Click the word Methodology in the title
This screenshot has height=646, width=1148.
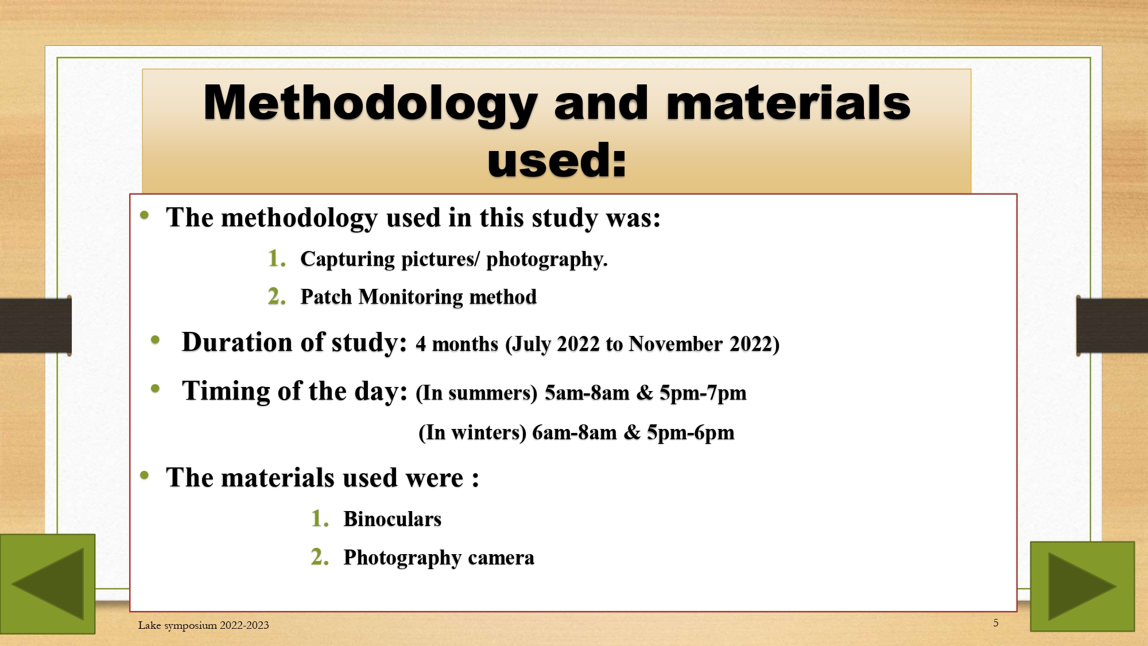tap(370, 104)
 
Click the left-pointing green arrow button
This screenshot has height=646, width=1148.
tap(48, 583)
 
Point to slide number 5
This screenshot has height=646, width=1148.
tap(996, 623)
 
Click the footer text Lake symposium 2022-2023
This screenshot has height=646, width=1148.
tap(203, 625)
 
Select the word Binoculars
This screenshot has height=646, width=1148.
tap(393, 519)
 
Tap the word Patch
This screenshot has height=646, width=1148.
tap(326, 297)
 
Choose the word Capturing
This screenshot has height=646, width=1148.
tap(348, 260)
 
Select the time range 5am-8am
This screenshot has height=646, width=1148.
tap(587, 393)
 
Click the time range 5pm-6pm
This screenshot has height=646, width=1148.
tap(691, 432)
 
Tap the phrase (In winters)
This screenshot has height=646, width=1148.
tap(472, 432)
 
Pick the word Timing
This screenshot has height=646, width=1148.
tap(226, 392)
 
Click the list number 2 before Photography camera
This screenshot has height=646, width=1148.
tap(320, 557)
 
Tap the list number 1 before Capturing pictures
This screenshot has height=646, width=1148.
tap(277, 258)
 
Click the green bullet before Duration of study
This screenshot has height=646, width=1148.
tap(155, 340)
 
